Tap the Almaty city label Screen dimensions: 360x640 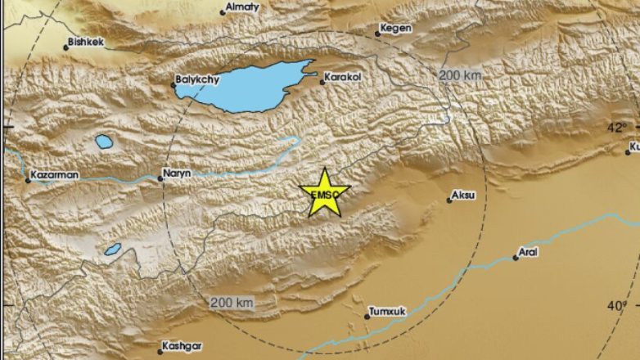coord(244,7)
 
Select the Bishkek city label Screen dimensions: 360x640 coord(88,42)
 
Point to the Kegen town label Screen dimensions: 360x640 coord(397,29)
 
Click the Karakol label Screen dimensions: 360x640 coord(343,79)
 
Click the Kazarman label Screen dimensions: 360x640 coord(54,175)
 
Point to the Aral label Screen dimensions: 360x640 coord(530,254)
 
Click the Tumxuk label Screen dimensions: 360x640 coord(389,312)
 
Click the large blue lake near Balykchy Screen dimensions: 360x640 coord(246,85)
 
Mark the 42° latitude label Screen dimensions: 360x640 coord(616,127)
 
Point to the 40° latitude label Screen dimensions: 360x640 coord(616,305)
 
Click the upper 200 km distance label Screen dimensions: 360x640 coord(460,75)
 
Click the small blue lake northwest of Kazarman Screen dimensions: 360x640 coord(104,141)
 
